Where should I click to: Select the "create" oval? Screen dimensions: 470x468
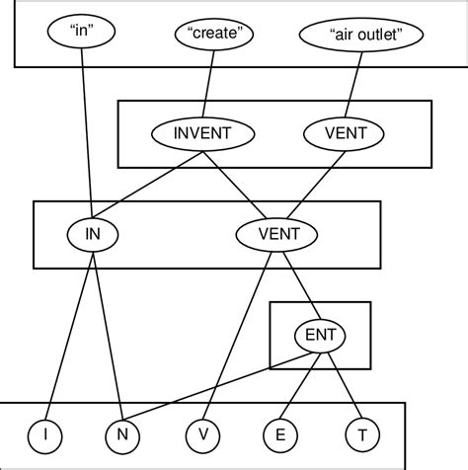(214, 33)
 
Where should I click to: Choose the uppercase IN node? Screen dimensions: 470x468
(93, 234)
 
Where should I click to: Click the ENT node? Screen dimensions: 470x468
(320, 336)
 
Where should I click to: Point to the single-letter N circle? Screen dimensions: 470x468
(120, 433)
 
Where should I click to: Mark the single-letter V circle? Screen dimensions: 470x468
(201, 433)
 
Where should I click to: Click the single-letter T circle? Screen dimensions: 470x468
(361, 433)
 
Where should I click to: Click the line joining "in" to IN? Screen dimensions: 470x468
(86, 128)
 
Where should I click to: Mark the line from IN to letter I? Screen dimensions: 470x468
(69, 331)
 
